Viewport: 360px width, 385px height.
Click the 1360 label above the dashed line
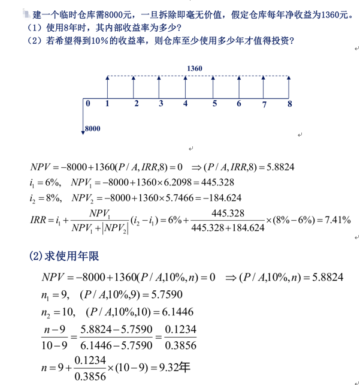194,69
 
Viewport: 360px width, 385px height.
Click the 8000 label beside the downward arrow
93,128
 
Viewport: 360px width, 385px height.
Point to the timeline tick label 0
88,104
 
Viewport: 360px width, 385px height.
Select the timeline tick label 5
214,104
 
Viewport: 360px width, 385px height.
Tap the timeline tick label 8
290,104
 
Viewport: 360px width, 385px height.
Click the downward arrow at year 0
82,117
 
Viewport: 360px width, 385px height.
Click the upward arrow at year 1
107,87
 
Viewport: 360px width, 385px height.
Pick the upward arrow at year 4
185,87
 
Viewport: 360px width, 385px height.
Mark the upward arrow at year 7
264,87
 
